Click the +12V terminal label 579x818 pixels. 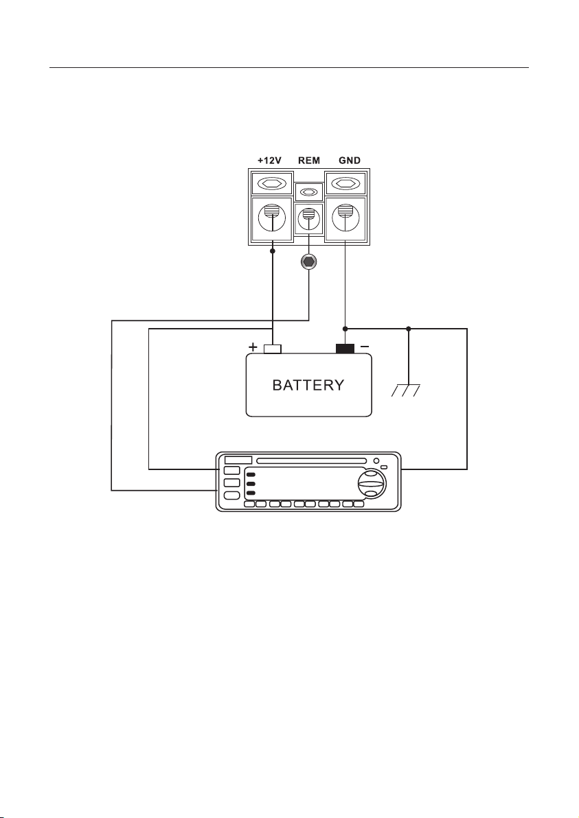[x=269, y=160]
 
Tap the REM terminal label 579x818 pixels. [x=308, y=160]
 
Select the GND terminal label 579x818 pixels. [x=350, y=160]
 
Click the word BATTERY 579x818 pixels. [x=308, y=385]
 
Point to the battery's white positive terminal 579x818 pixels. [x=273, y=349]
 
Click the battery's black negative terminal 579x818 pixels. [x=345, y=349]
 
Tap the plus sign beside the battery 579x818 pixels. [x=253, y=347]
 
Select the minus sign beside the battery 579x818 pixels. [x=365, y=346]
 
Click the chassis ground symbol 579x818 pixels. [x=406, y=390]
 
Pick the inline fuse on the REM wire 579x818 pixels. [x=308, y=262]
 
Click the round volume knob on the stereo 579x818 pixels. [x=372, y=484]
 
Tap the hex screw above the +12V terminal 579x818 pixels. [x=272, y=184]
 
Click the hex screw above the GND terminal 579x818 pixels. [x=345, y=184]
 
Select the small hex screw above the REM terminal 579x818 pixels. [x=308, y=192]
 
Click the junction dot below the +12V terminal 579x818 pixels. [x=273, y=251]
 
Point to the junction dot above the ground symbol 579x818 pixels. [x=408, y=329]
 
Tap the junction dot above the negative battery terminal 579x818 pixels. [x=345, y=329]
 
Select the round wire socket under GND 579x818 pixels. [x=345, y=219]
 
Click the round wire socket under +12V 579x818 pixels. [x=272, y=219]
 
